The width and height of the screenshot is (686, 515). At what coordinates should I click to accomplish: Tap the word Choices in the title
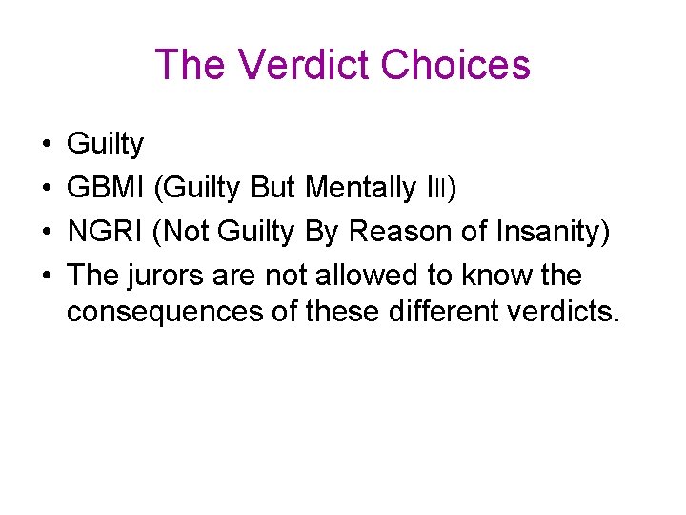tap(454, 65)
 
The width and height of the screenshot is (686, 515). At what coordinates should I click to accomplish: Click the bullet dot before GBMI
tap(47, 189)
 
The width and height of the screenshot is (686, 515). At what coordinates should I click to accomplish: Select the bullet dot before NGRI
tap(47, 233)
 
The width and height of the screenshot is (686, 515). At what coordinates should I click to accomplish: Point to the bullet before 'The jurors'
tap(47, 277)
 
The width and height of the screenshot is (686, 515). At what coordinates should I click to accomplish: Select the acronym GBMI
tap(105, 189)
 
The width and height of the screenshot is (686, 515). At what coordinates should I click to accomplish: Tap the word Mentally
tap(361, 189)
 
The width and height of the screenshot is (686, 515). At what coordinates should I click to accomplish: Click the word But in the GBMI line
tap(272, 189)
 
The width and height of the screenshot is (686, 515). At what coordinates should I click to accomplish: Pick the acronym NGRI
tap(104, 233)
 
